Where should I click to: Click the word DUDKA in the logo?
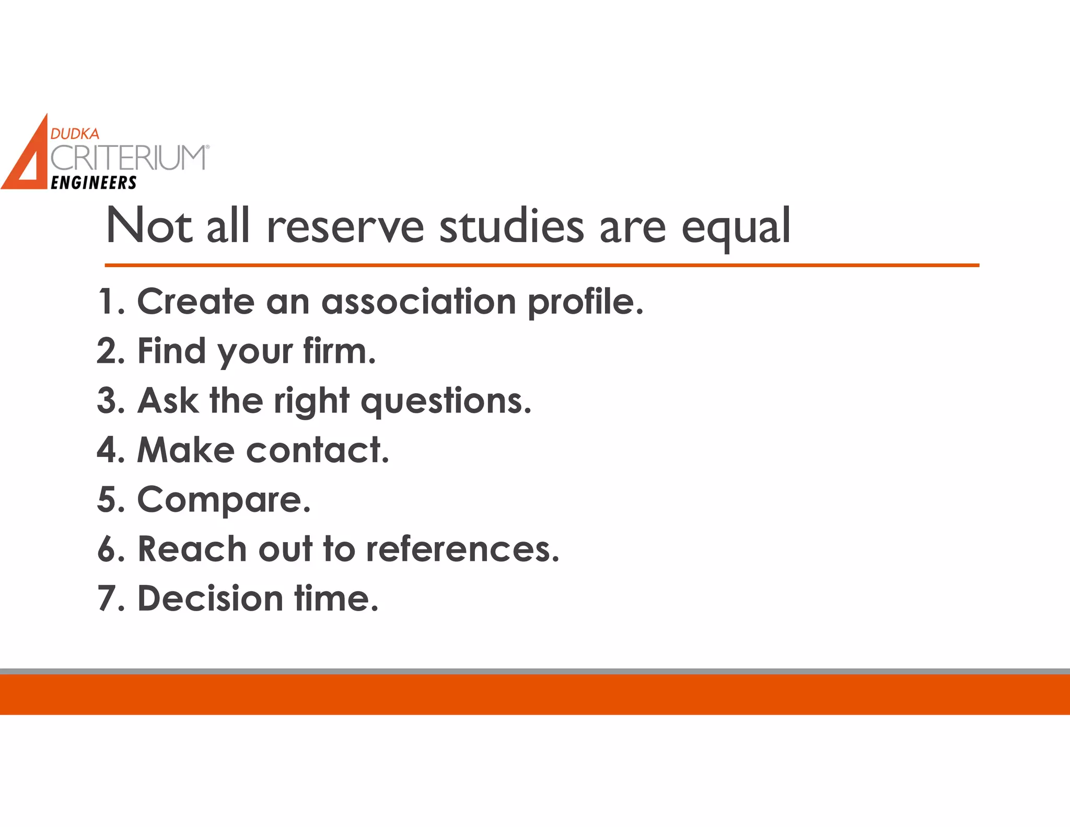[75, 134]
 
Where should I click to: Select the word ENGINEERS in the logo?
[94, 183]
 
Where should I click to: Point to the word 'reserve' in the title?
[345, 227]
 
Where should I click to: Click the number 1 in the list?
[107, 302]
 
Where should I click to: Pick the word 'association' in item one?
[418, 302]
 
